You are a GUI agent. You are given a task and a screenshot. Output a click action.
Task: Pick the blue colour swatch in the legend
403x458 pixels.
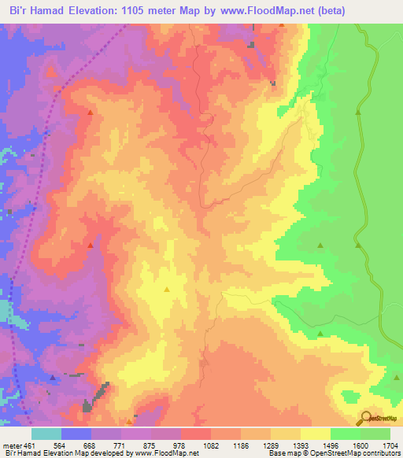76,434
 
